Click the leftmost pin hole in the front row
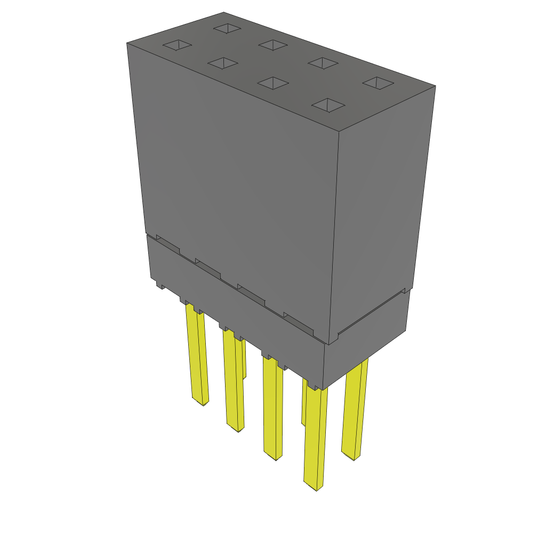(x=177, y=46)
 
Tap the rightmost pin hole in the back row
(x=378, y=83)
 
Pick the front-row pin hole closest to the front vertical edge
(x=328, y=105)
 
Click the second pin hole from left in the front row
(x=223, y=63)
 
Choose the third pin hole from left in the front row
(x=273, y=83)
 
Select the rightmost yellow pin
(x=354, y=411)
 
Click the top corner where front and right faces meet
(x=340, y=131)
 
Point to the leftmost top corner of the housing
(x=127, y=43)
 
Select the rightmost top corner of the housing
(x=436, y=86)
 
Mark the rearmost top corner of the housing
(x=224, y=12)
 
